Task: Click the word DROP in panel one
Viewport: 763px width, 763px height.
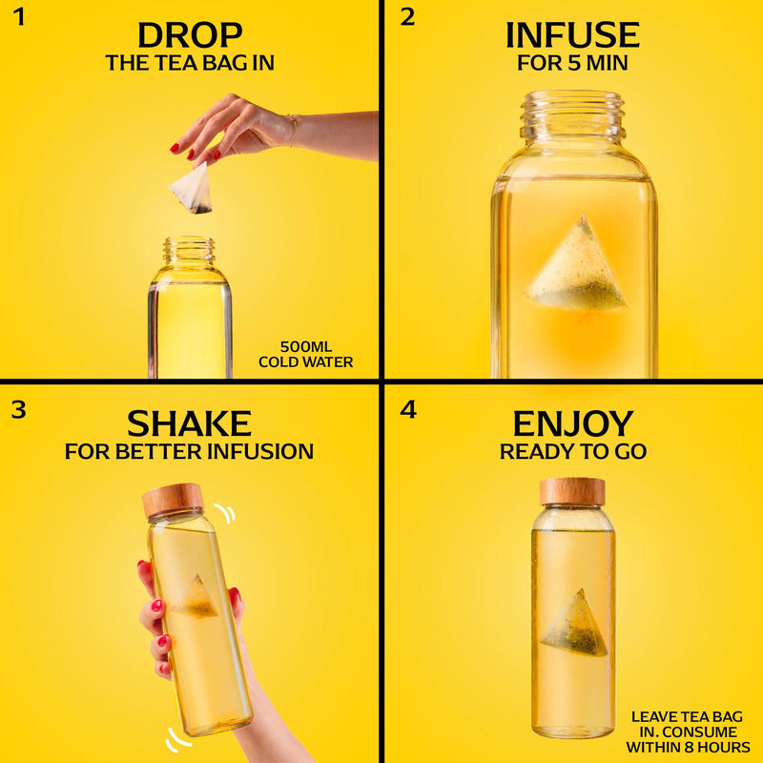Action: (190, 35)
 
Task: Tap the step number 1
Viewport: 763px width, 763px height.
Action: (18, 17)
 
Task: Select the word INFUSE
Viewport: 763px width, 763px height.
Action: (572, 35)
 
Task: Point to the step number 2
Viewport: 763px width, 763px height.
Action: (408, 17)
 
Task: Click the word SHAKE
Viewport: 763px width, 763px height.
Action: (189, 423)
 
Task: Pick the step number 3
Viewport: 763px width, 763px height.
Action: (18, 410)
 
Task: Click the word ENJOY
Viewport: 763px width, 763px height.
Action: (573, 423)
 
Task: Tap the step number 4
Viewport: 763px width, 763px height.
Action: (408, 410)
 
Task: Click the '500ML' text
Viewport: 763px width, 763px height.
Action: (306, 347)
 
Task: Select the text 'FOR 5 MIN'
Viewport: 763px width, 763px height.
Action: (572, 63)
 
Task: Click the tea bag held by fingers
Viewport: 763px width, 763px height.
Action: (193, 189)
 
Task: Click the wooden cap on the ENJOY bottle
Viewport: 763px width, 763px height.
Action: (572, 492)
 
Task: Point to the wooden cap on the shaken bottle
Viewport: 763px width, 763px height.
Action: (173, 501)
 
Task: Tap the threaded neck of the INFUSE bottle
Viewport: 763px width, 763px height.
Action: (572, 115)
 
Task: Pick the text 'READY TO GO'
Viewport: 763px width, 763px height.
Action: (573, 452)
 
